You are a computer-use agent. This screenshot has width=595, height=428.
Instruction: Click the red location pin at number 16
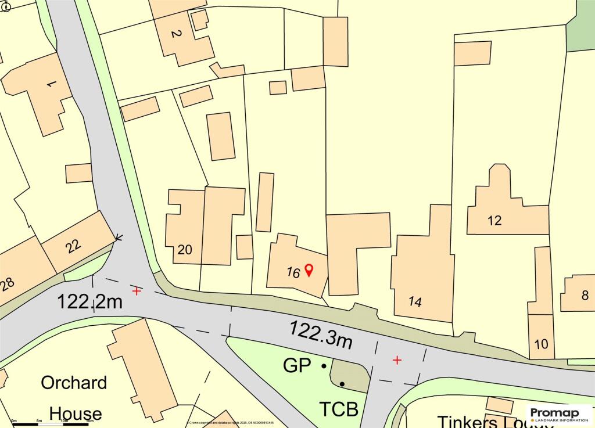(309, 269)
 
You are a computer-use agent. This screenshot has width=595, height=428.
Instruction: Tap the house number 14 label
(415, 301)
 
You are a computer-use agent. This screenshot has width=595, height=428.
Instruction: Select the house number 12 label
(494, 221)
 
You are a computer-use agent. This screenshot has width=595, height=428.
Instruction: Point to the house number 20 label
(185, 250)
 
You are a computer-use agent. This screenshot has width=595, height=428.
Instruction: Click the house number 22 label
(73, 247)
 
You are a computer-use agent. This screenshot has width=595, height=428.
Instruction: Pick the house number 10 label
(540, 344)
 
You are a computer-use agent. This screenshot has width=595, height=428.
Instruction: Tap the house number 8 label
(585, 296)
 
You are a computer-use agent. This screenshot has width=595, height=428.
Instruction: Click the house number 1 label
(51, 85)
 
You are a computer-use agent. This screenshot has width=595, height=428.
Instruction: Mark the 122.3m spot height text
(321, 334)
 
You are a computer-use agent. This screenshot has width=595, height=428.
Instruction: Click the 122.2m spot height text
(90, 302)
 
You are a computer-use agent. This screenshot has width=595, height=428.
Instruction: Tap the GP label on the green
(296, 366)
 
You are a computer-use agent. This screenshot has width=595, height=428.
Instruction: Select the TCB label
(338, 409)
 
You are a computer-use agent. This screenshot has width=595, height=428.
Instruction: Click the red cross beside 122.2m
(137, 291)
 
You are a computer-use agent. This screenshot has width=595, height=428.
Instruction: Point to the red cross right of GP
(397, 360)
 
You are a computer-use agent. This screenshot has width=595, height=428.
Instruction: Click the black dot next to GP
(324, 366)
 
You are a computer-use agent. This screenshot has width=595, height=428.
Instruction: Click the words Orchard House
(74, 398)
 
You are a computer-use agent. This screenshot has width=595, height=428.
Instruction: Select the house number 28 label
(8, 285)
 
